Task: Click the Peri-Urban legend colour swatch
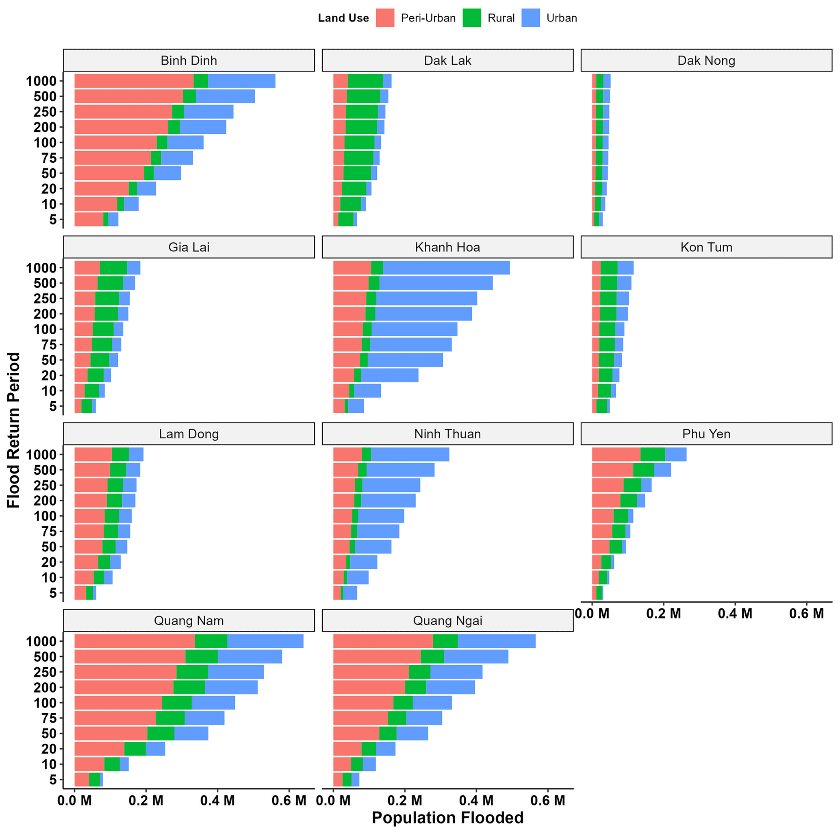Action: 385,18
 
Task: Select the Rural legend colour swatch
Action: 472,18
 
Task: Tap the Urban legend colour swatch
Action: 530,18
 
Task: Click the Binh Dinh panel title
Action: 189,61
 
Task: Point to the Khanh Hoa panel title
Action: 447,247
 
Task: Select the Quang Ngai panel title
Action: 447,621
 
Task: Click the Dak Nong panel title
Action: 706,61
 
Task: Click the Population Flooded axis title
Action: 447,817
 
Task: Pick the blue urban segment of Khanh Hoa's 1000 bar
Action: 446,268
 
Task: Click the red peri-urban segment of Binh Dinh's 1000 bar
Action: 134,81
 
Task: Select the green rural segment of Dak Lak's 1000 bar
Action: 365,81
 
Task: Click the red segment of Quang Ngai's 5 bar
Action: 338,780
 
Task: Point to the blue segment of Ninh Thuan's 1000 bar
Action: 410,454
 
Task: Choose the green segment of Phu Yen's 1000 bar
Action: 653,454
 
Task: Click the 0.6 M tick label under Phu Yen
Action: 806,614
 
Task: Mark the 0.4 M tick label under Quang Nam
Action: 217,800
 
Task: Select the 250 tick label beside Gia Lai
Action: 45,298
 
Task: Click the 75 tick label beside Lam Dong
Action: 49,531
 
